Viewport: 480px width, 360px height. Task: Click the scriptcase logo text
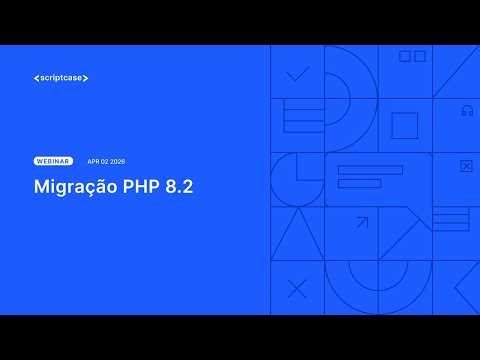coord(61,78)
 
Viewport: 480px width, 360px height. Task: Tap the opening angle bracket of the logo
coord(36,78)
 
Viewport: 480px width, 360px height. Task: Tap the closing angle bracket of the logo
coord(86,78)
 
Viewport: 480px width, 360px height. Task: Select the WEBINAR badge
coord(53,161)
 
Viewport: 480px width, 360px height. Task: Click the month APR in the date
coord(94,161)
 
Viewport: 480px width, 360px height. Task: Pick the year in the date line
coord(119,161)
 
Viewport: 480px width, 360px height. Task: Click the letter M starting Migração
coord(41,186)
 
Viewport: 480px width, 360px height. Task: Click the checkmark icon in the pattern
coord(297,73)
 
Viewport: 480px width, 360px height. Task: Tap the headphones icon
coord(467,111)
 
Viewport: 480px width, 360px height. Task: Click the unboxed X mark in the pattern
coord(297,290)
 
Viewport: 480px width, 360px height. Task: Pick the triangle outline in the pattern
coord(296,236)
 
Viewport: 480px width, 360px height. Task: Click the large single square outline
coord(404,126)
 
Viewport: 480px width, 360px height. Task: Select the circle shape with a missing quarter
coord(296,179)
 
